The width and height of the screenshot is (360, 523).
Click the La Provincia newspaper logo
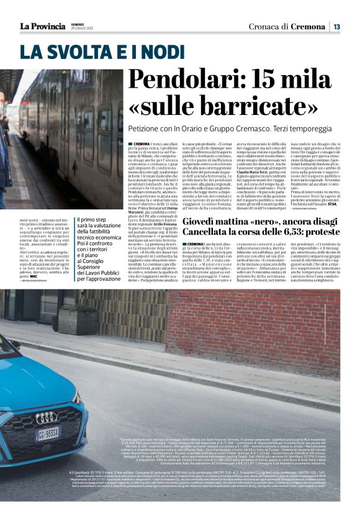(42, 26)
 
